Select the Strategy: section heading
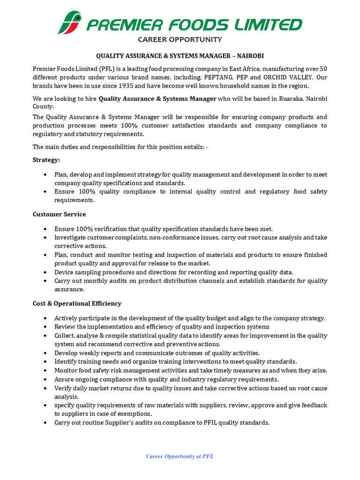46,160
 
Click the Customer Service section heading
59,214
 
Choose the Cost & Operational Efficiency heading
77,303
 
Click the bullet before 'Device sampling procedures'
45,272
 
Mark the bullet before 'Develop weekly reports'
45,353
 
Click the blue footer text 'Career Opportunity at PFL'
180,456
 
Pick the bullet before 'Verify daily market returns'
45,389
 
